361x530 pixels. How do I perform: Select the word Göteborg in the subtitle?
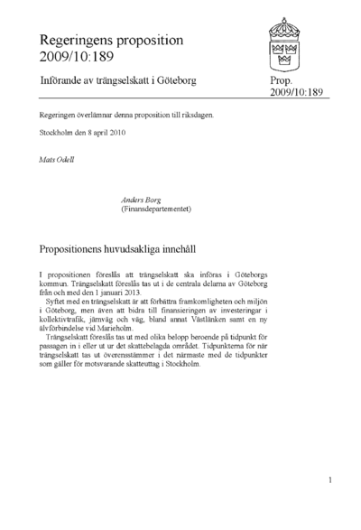click(176, 81)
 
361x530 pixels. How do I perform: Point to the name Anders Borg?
click(140, 199)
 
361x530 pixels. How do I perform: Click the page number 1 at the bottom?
click(330, 480)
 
